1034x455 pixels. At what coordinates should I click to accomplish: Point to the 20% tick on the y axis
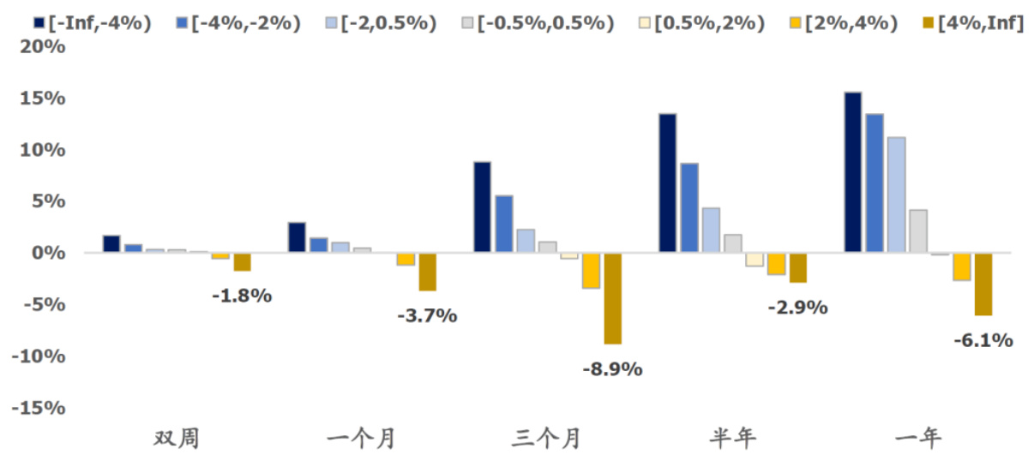(x=44, y=47)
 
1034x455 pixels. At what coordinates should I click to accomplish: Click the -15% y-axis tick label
(x=39, y=408)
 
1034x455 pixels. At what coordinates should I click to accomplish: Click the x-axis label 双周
(x=177, y=439)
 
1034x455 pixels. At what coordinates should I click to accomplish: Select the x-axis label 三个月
(x=547, y=439)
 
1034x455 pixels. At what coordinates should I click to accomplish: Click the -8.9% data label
(x=612, y=370)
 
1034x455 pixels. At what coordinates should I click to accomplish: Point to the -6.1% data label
(x=983, y=341)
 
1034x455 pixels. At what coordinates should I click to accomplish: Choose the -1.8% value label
(x=242, y=296)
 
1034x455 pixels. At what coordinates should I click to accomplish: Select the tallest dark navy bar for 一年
(x=852, y=172)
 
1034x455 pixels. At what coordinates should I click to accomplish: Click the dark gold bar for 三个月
(x=612, y=298)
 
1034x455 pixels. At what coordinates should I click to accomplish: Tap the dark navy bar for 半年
(x=667, y=183)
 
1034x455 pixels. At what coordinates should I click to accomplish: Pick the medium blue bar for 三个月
(x=504, y=225)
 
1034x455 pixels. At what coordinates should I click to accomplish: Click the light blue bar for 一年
(x=896, y=195)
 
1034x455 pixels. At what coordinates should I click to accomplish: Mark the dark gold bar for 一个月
(x=427, y=272)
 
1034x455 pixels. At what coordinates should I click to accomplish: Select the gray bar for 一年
(x=917, y=231)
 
